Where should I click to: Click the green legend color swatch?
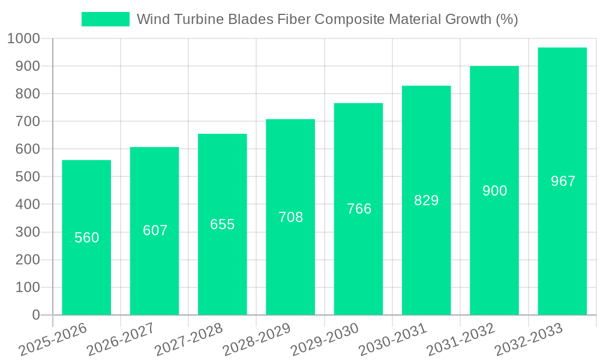pos(106,19)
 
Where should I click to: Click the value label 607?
pos(155,230)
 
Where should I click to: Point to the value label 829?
pos(427,200)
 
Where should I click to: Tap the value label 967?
pos(563,181)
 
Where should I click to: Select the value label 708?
pos(290,217)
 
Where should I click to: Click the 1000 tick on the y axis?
pos(24,38)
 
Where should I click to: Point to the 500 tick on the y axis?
pos(28,177)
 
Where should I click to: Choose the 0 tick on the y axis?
pos(35,315)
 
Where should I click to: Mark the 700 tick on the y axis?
pos(28,122)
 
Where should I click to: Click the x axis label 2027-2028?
pos(189,339)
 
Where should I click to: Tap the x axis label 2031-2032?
pos(461,339)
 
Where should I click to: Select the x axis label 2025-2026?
pos(53,339)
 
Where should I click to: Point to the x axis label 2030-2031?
pos(393,339)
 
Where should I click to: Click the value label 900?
pos(494,191)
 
